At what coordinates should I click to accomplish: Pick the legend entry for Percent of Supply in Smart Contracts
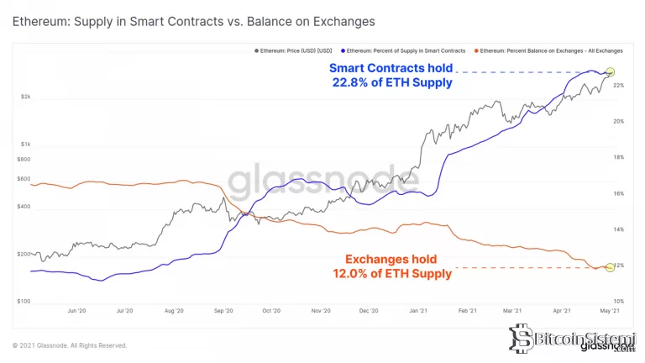click(x=406, y=51)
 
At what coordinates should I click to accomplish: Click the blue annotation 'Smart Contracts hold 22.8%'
click(x=391, y=75)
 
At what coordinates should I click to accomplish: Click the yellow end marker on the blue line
click(x=611, y=73)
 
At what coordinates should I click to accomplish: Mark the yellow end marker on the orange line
click(x=611, y=267)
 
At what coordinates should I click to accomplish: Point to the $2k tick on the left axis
click(x=25, y=97)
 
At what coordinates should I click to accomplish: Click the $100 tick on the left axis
click(x=24, y=301)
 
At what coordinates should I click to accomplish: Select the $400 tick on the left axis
click(x=24, y=207)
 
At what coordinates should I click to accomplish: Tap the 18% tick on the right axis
click(x=619, y=157)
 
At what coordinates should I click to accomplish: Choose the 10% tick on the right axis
click(x=619, y=301)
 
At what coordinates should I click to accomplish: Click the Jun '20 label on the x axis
click(x=76, y=311)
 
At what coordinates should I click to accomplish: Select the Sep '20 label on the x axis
click(x=223, y=311)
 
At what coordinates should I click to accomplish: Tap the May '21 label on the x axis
click(x=610, y=311)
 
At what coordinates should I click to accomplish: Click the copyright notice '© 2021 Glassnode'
click(x=70, y=345)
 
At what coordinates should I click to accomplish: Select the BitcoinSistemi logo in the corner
click(x=579, y=340)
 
